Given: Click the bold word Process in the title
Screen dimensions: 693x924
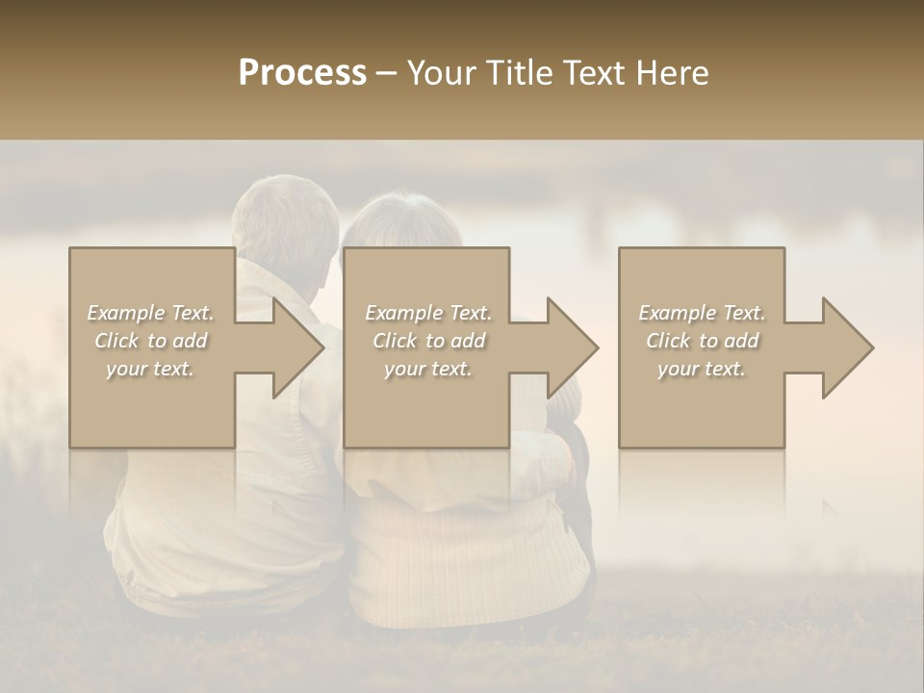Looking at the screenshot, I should (x=302, y=73).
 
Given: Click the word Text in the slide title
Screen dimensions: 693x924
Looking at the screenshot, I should (x=596, y=73).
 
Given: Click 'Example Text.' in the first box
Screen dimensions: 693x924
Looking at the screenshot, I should (x=150, y=313).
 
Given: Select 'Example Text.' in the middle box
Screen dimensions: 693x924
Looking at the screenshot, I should (x=428, y=313).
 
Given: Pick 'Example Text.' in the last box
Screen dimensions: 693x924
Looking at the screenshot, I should (x=702, y=313).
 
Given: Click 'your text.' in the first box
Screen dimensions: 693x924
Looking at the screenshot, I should (x=150, y=369).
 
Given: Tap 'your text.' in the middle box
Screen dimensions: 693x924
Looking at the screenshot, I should (x=428, y=369).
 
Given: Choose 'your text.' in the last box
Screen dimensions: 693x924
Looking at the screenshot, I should (x=702, y=369).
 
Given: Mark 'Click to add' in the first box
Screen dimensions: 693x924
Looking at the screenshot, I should (x=150, y=341).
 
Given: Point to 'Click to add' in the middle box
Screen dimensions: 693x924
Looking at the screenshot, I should (x=428, y=341).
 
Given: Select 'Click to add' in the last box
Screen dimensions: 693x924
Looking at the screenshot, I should (x=702, y=341).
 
